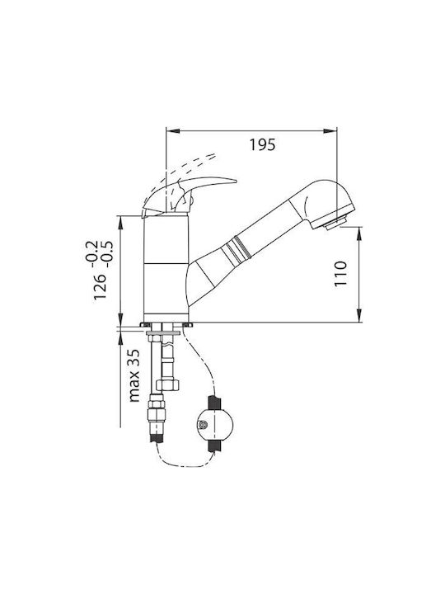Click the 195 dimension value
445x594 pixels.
coord(262,144)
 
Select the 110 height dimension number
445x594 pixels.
coord(341,274)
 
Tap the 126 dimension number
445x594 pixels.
coord(101,286)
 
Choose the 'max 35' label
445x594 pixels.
coord(134,375)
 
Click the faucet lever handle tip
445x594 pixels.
coord(236,181)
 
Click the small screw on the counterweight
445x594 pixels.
coord(203,425)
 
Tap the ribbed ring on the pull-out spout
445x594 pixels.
coord(237,250)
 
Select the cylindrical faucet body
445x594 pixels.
coord(166,268)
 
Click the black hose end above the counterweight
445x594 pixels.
coord(213,402)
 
